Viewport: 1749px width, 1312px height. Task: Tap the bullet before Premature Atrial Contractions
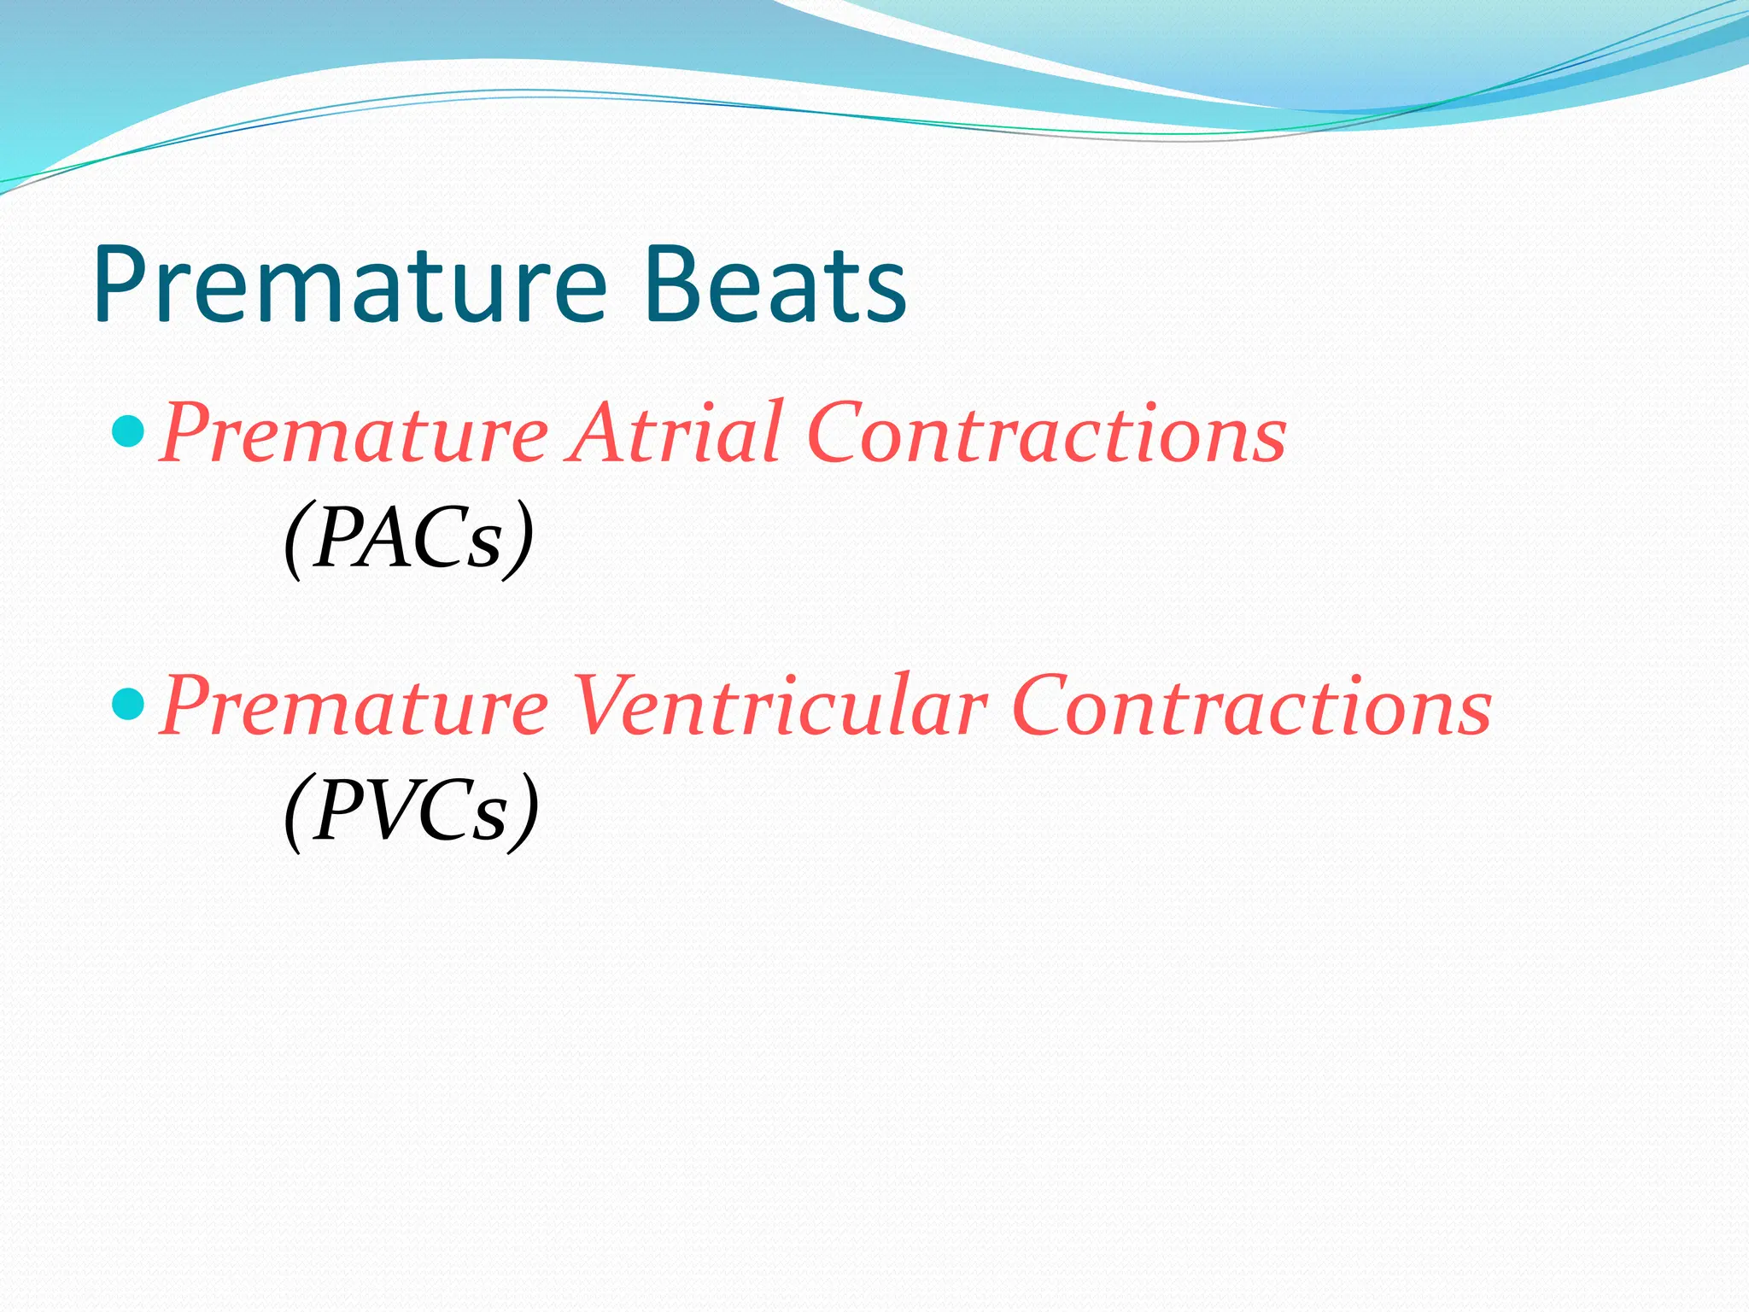coord(129,431)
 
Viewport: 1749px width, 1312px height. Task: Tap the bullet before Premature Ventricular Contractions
coord(129,705)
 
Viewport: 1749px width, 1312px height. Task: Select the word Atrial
coord(675,433)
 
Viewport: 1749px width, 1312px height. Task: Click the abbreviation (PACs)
coord(409,538)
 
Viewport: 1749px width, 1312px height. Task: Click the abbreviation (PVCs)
coord(411,810)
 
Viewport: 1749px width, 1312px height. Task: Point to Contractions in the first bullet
coord(1046,433)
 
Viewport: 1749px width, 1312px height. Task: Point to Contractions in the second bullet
coord(1252,706)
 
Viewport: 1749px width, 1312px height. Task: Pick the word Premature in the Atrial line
coord(354,433)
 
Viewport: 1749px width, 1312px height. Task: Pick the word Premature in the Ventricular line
coord(354,706)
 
